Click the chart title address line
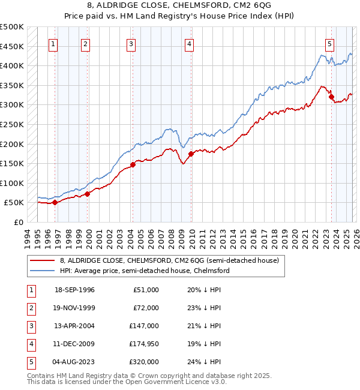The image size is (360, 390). [179, 5]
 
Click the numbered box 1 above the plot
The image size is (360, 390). [54, 43]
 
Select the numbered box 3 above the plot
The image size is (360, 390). [131, 43]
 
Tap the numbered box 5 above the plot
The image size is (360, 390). [329, 43]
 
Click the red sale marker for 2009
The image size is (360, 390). [191, 154]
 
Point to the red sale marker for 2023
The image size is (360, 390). [331, 97]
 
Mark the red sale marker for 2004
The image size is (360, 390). [133, 164]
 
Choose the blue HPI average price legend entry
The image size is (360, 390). [145, 271]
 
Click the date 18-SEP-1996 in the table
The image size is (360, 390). [74, 290]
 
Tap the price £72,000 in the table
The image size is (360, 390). [146, 308]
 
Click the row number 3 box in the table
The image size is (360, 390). [30, 326]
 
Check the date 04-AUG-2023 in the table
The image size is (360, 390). [74, 362]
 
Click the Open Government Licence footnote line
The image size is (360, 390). [127, 381]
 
